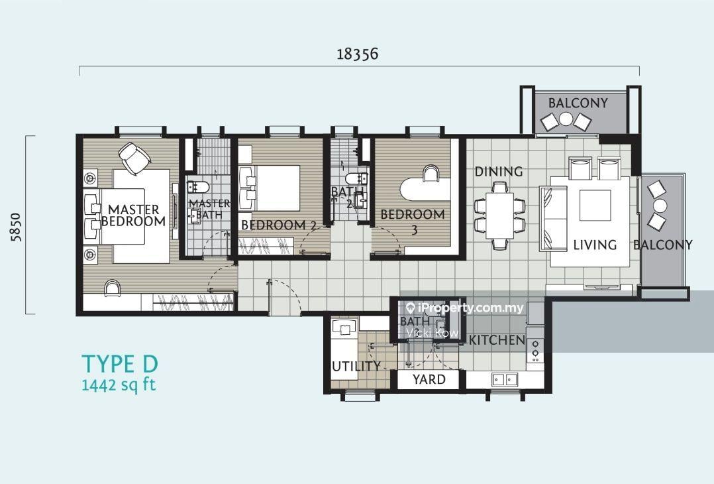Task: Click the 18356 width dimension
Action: tap(358, 54)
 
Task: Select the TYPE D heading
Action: tap(121, 364)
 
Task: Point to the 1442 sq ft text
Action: tap(119, 385)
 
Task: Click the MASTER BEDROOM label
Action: tap(133, 215)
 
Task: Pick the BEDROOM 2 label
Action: tap(279, 225)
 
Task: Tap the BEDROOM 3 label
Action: tap(413, 221)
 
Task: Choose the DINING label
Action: tap(499, 172)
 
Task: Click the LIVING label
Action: tap(595, 245)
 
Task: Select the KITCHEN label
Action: tap(497, 340)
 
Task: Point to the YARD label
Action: tap(429, 379)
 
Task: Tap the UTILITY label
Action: tap(356, 366)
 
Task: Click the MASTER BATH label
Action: tap(209, 209)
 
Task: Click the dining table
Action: tap(499, 215)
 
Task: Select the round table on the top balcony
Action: tap(566, 119)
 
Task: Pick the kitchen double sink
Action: tap(505, 379)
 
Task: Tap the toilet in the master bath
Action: tap(197, 187)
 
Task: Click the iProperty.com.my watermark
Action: tap(464, 308)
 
